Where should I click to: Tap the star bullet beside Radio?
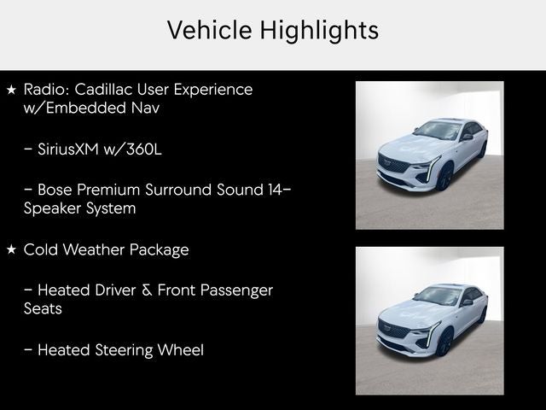[x=11, y=89]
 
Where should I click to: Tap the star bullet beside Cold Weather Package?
[x=11, y=249]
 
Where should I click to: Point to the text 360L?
[x=142, y=149]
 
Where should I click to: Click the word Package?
[x=159, y=249]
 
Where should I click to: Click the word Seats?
[x=43, y=309]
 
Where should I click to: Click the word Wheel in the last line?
[x=181, y=349]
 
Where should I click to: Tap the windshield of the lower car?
[x=437, y=296]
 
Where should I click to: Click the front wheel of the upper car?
[x=444, y=178]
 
